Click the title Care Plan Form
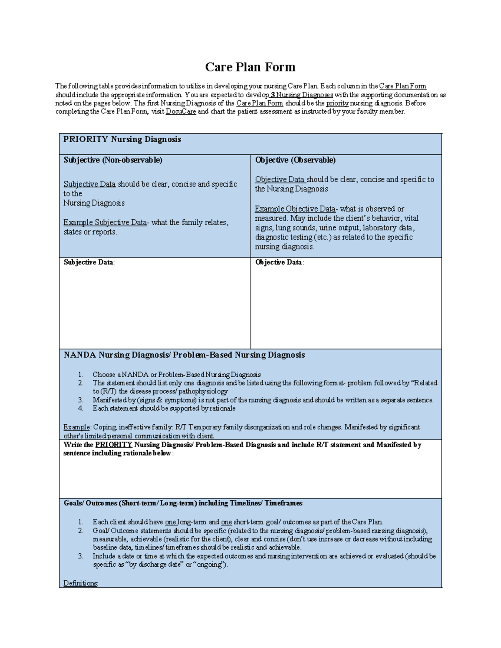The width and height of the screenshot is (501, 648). click(250, 67)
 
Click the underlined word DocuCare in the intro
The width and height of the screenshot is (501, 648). click(180, 112)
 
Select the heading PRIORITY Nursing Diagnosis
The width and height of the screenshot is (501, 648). click(122, 139)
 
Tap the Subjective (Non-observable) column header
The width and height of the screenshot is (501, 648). click(113, 160)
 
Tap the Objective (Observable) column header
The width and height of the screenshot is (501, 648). click(295, 160)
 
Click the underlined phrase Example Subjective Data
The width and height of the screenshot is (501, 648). click(105, 222)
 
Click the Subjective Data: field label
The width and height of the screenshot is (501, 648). click(89, 262)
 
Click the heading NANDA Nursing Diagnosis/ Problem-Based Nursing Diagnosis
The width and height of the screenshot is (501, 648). click(184, 355)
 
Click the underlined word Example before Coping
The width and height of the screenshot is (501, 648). click(76, 427)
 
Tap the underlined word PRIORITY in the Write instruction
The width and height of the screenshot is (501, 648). click(114, 445)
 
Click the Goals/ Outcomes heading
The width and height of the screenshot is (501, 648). click(183, 503)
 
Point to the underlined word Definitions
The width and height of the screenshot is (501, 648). click(81, 583)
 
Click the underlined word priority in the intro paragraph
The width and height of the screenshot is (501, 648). click(337, 103)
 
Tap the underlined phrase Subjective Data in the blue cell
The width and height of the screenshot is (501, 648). click(89, 184)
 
